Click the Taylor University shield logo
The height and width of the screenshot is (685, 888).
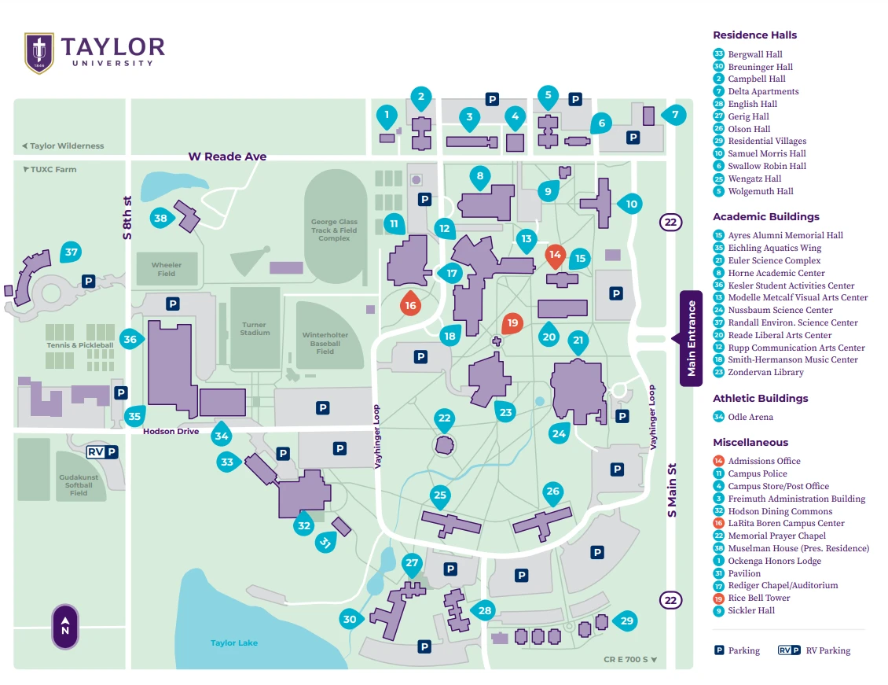39,52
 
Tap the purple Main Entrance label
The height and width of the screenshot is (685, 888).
691,338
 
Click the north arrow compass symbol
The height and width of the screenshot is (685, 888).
65,626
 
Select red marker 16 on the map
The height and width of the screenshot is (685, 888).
409,304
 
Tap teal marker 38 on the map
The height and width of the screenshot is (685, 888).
161,218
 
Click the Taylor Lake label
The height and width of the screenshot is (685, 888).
234,643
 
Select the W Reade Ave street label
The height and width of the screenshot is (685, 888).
227,157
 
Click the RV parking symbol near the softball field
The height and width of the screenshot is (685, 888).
103,451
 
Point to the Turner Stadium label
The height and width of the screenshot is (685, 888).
255,329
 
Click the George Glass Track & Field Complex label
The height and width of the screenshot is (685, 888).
334,230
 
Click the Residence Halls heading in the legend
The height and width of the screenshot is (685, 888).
754,35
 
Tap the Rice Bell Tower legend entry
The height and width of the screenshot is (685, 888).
758,598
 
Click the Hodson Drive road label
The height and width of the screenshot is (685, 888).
171,431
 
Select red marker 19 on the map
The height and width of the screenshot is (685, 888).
512,322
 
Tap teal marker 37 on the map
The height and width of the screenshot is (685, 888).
72,252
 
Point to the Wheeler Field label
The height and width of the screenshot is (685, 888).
167,269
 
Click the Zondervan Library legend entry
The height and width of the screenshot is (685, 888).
765,372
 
